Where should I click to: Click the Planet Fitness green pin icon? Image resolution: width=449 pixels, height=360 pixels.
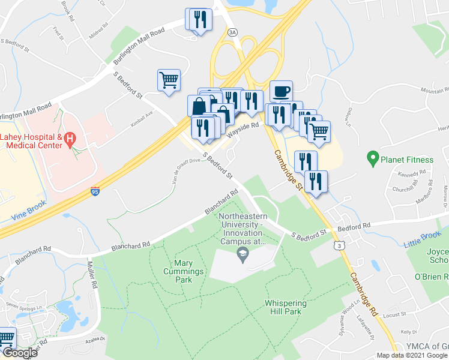click(x=372, y=160)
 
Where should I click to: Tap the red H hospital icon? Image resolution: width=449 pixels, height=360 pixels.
click(x=70, y=140)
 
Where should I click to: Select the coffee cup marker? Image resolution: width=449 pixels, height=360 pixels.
click(x=281, y=92)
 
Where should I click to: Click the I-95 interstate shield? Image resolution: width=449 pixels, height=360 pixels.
click(x=95, y=191)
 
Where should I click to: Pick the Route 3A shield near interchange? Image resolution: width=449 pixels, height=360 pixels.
click(x=233, y=32)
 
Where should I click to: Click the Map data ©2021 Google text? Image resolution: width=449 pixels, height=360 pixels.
click(x=412, y=355)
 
